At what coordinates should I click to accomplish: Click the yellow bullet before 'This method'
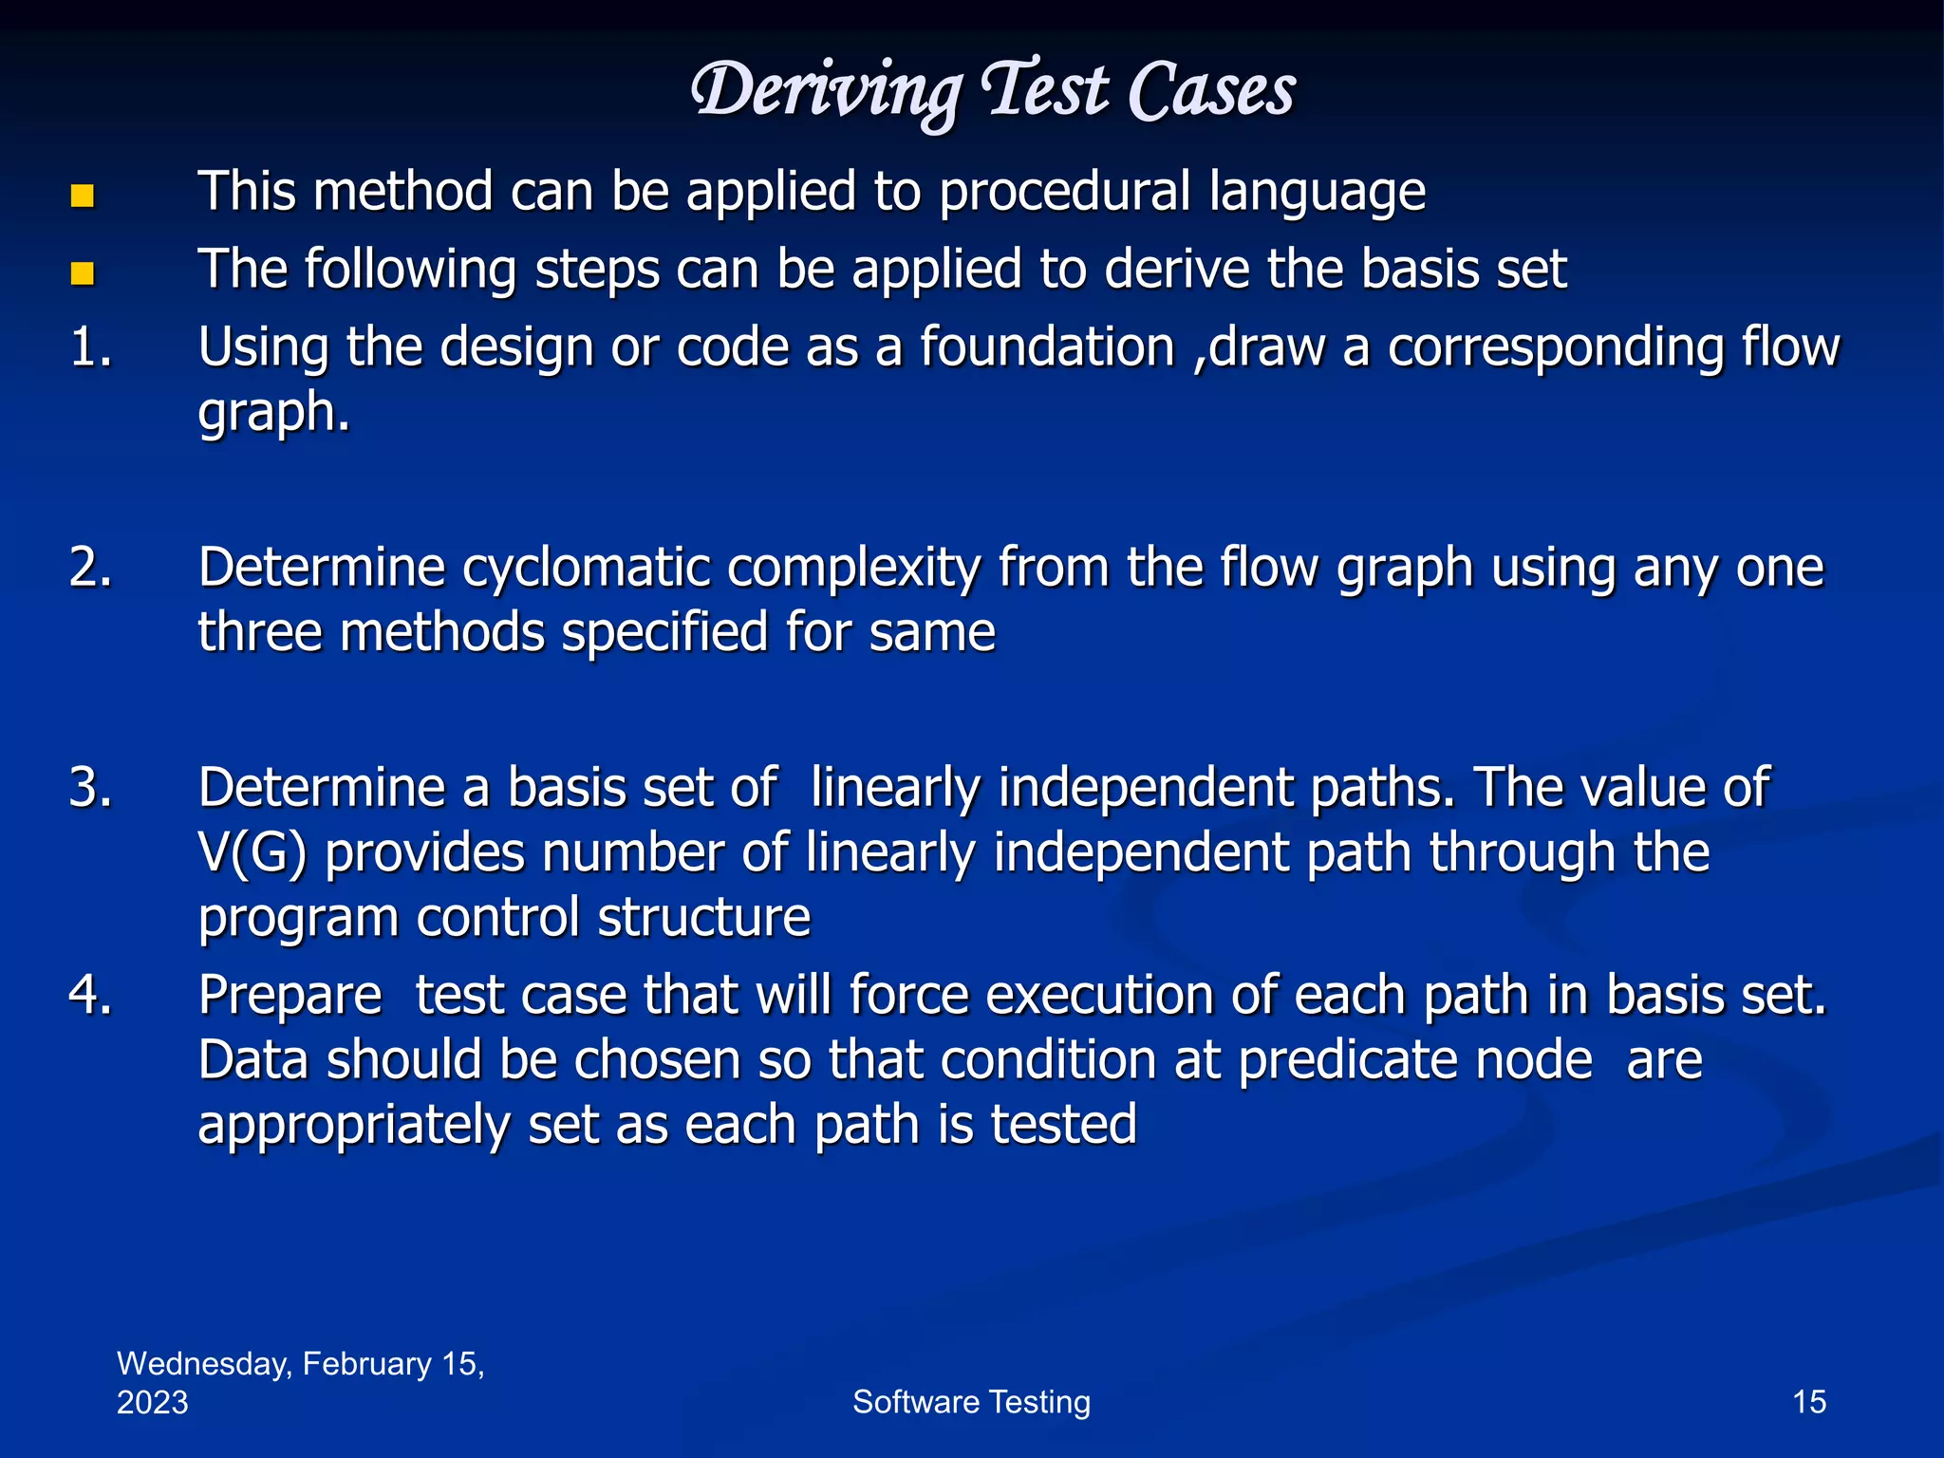(83, 196)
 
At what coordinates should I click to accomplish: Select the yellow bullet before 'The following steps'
(83, 274)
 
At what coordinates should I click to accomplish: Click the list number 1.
(90, 346)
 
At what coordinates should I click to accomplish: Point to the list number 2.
(90, 568)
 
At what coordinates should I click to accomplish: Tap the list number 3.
(90, 788)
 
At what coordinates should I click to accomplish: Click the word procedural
(1064, 193)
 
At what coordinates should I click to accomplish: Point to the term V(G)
(252, 853)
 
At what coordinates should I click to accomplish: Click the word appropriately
(353, 1127)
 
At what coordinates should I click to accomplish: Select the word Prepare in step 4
(290, 996)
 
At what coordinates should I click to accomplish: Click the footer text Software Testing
(971, 1402)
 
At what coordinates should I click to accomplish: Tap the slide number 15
(1808, 1402)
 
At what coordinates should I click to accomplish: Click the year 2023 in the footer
(152, 1403)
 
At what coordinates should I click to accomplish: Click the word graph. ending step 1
(273, 414)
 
